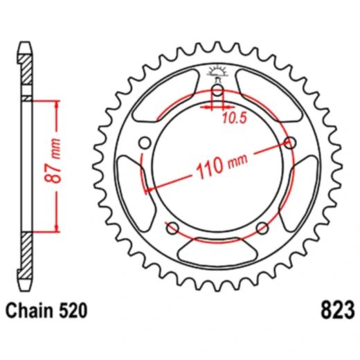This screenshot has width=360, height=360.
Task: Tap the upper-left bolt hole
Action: (144, 143)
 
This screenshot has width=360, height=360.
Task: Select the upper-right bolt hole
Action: (291, 143)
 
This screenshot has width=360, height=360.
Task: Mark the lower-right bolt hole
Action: (262, 228)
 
